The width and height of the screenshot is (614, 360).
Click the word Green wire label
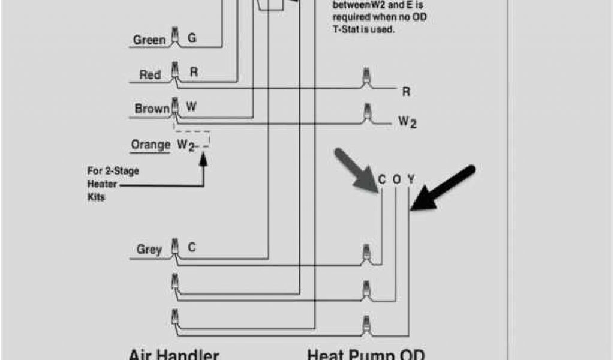(149, 40)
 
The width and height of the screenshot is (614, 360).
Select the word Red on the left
(150, 75)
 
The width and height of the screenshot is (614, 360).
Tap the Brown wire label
(152, 109)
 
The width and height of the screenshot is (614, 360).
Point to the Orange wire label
(151, 145)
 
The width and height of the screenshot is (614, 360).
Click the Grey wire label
(149, 249)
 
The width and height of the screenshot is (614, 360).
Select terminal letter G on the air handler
(192, 38)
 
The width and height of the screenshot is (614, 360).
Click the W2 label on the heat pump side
(408, 122)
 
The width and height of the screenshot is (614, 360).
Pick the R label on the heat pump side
(406, 92)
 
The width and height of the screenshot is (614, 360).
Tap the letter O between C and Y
(396, 179)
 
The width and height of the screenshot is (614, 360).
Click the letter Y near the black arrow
(411, 179)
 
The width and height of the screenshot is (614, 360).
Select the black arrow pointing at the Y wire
(444, 189)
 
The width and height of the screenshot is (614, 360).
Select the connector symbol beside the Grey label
(175, 247)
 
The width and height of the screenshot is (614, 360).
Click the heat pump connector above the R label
(365, 77)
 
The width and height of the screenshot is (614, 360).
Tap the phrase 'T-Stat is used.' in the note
(364, 29)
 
